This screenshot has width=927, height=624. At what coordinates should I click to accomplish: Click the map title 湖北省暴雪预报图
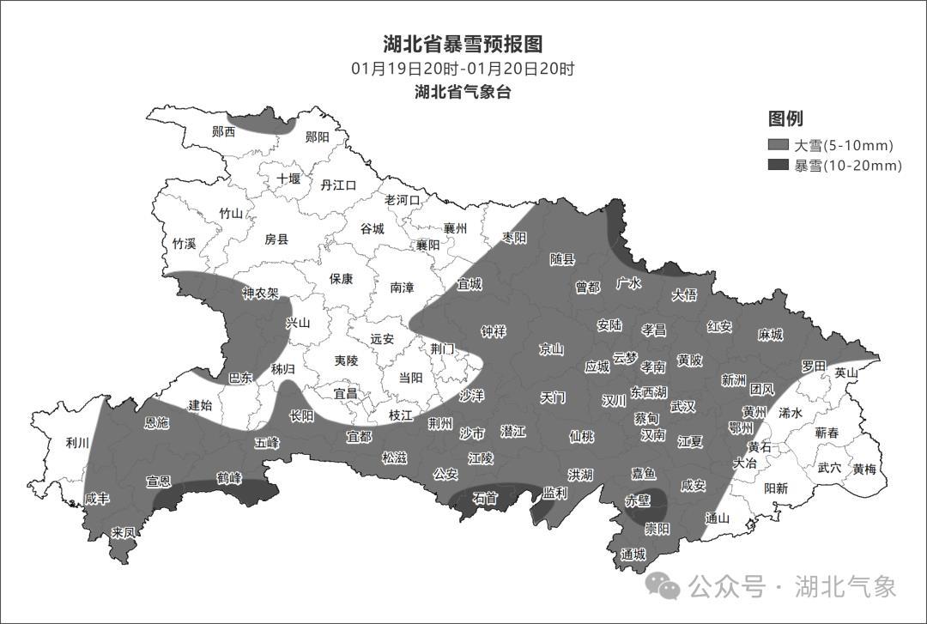coord(463,44)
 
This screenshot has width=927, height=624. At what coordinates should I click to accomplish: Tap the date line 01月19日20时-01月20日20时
coord(463,69)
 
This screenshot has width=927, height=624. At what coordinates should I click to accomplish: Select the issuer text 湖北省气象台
coord(463,92)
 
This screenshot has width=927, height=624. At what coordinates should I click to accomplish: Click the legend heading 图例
coord(785,119)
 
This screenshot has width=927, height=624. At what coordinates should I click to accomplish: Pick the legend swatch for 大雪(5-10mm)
coord(779,145)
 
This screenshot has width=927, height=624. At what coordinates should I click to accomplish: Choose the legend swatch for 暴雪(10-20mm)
coord(779,166)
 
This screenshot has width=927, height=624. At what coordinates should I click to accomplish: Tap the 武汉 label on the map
coord(683,406)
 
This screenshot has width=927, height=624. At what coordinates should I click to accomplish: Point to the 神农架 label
coord(260,294)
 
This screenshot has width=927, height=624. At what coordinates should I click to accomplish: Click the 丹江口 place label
coord(338,185)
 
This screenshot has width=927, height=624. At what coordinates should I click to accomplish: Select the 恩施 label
coord(157,422)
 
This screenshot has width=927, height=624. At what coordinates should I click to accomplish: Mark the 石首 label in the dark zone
coord(485,498)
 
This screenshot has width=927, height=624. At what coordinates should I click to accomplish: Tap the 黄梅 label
coord(864,469)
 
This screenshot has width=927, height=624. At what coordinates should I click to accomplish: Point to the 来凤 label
coord(124,533)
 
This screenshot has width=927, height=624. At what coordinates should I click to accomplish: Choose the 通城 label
coord(633,554)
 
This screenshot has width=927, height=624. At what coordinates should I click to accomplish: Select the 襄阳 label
coord(427,245)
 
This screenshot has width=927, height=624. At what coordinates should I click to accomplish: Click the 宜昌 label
coord(345,393)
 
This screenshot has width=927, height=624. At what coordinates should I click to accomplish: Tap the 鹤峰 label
coord(228,477)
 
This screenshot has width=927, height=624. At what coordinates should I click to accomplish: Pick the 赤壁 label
coord(637,500)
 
